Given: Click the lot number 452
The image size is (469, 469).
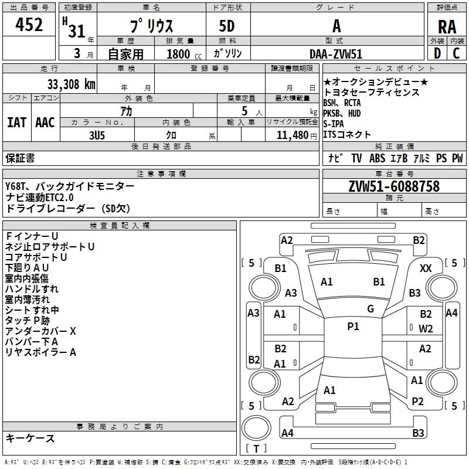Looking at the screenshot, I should (30, 25).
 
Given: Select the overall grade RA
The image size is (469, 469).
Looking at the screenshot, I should (447, 27).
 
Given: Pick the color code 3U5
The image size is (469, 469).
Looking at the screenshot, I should (97, 134).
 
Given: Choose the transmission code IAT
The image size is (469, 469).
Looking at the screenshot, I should (16, 123).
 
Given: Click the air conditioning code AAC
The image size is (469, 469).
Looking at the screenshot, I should (45, 123).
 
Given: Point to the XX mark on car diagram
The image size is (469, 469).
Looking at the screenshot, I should (426, 268).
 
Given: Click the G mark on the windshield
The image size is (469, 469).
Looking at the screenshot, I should (371, 309).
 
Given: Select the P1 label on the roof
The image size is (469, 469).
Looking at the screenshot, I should (353, 327).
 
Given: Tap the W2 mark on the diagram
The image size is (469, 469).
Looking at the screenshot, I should (426, 328).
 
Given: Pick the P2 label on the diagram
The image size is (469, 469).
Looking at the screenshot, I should (417, 401).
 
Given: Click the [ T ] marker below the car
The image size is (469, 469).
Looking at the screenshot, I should (256, 448).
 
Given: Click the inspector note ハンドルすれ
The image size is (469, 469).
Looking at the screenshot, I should (32, 289).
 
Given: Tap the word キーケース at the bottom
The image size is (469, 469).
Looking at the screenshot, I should (30, 438).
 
